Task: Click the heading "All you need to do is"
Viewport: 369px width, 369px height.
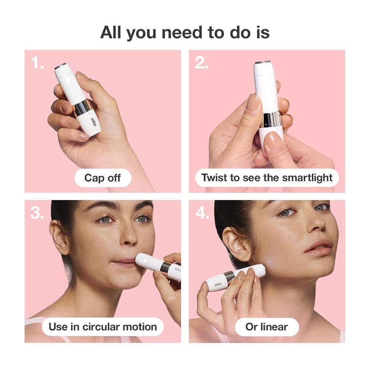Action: (x=185, y=33)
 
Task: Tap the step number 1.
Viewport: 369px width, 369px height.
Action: (x=37, y=63)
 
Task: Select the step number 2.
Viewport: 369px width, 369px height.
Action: (x=201, y=63)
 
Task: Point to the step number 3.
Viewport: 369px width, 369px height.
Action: (x=37, y=213)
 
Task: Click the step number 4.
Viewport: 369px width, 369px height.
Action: (x=202, y=213)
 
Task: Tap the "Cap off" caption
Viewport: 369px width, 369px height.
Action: (x=103, y=178)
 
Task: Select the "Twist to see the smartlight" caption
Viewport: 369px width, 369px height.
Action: (x=267, y=178)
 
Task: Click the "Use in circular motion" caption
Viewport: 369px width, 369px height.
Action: (x=103, y=327)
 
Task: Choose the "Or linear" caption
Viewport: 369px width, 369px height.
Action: (x=267, y=327)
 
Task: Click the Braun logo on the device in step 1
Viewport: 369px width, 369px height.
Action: (x=94, y=122)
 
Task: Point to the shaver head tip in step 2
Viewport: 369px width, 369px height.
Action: (x=263, y=63)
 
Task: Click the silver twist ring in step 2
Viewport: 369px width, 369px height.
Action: (x=272, y=120)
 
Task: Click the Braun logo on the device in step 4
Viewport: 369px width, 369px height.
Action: (x=218, y=284)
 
